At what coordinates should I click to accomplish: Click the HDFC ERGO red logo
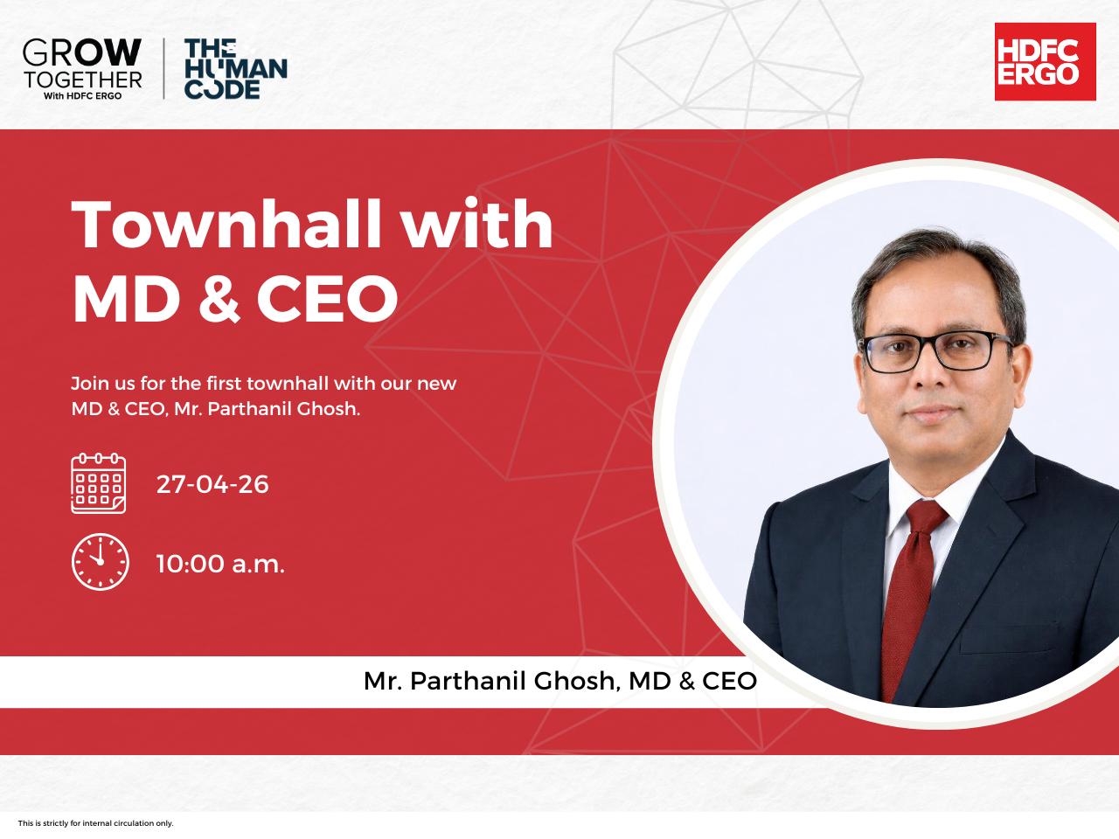[1045, 62]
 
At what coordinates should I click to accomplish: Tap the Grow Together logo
[82, 69]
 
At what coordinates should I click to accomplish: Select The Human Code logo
[235, 69]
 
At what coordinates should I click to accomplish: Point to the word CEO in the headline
[327, 298]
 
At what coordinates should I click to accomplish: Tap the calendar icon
[99, 483]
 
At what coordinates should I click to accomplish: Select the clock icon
[100, 561]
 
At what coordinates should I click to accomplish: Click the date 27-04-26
[212, 484]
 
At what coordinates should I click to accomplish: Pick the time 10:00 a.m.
[220, 564]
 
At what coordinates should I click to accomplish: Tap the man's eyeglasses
[935, 351]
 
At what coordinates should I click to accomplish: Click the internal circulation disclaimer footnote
[96, 823]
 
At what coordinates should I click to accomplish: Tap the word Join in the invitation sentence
[87, 384]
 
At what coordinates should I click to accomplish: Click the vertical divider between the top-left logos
[163, 68]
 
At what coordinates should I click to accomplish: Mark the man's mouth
[932, 412]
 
